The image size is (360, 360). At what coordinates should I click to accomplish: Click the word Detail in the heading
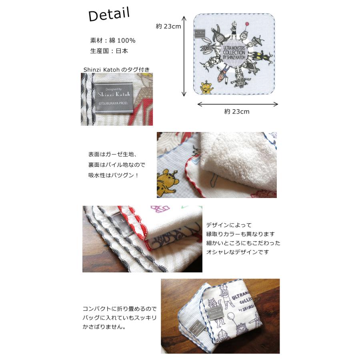click(x=109, y=15)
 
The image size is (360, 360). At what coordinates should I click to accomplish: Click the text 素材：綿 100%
click(x=113, y=40)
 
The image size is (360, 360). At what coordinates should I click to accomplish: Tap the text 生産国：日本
click(x=109, y=51)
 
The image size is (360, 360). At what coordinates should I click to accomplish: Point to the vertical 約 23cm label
click(x=168, y=26)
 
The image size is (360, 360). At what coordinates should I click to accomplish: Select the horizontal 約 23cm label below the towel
click(x=236, y=112)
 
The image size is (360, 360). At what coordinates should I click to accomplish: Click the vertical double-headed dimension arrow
click(x=184, y=56)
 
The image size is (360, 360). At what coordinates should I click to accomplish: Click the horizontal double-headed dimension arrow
click(x=238, y=104)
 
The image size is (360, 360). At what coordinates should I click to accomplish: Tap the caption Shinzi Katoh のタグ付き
click(x=116, y=70)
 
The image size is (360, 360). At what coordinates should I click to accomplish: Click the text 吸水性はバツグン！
click(x=113, y=175)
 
